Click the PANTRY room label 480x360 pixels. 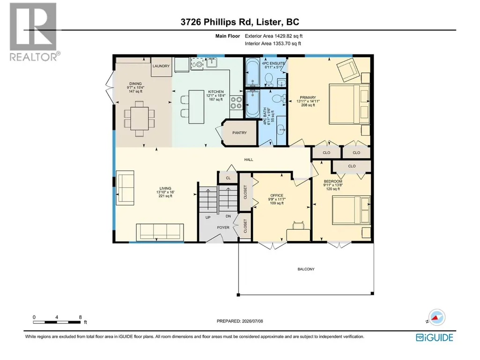[x=239, y=133]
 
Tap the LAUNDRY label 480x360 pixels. [x=161, y=66]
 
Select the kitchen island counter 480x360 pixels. [x=196, y=107]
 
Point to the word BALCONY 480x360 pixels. [x=306, y=269]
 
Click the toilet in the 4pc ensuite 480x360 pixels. [x=269, y=79]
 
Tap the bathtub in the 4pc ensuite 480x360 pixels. [x=252, y=73]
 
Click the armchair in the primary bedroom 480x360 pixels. [x=347, y=70]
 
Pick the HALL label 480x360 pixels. [x=249, y=160]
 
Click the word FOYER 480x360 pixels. [x=223, y=228]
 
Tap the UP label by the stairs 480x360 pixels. [x=208, y=218]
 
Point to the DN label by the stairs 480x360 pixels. [x=228, y=216]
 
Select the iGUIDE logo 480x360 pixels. [x=435, y=338]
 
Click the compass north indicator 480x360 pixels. [x=436, y=317]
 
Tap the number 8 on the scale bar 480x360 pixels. [x=80, y=317]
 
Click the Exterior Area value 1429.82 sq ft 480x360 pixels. [x=288, y=36]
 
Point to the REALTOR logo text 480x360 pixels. [x=33, y=57]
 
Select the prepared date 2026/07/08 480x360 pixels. [x=252, y=321]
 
